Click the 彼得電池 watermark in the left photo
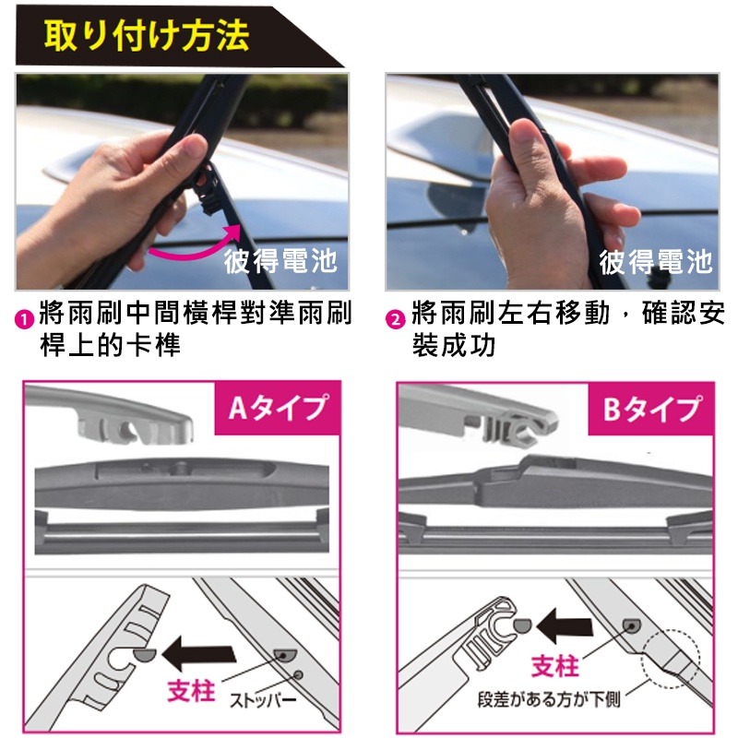[x=280, y=262]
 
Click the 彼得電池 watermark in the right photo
[x=656, y=262]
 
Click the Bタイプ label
[x=652, y=407]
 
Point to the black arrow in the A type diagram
[x=198, y=655]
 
